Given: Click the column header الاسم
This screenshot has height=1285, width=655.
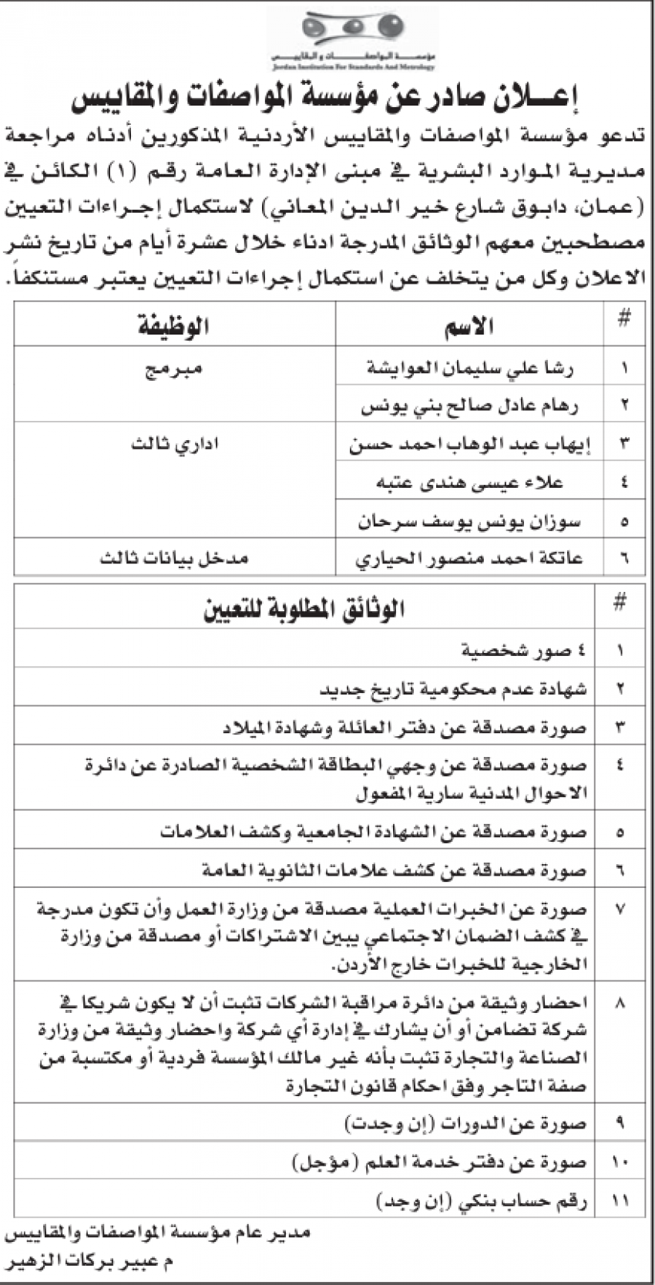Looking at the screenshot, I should coord(469,326).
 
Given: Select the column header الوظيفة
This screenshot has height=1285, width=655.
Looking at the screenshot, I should coord(174,326).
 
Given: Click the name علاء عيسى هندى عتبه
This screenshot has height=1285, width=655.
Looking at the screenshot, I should coord(469,483).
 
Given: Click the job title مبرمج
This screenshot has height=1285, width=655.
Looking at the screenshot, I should coord(174,368).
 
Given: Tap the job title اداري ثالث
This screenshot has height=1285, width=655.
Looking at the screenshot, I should coord(175,445).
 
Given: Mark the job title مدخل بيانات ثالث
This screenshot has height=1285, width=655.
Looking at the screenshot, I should coord(174,559).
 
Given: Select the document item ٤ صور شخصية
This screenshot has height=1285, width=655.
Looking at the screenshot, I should coord(524,651).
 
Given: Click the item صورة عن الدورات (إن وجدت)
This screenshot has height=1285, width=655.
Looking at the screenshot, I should coord(465,1123).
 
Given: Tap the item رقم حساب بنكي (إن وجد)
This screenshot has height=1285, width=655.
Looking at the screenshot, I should coord(482,1200).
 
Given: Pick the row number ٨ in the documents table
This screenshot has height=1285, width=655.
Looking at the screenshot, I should coord(621,1003).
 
